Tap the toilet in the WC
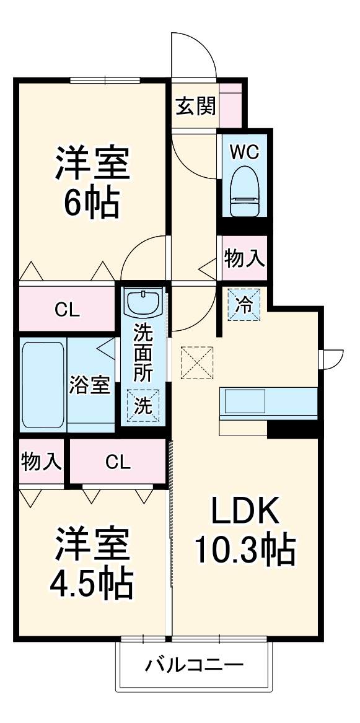click(244, 192)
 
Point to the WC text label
click(244, 151)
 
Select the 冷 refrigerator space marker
click(245, 304)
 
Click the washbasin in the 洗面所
click(144, 303)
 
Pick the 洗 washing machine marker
click(143, 406)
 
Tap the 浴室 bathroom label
click(90, 385)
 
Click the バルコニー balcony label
click(194, 666)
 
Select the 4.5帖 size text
click(92, 581)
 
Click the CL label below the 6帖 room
click(67, 310)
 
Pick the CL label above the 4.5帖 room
click(118, 462)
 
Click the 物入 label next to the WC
click(244, 260)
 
